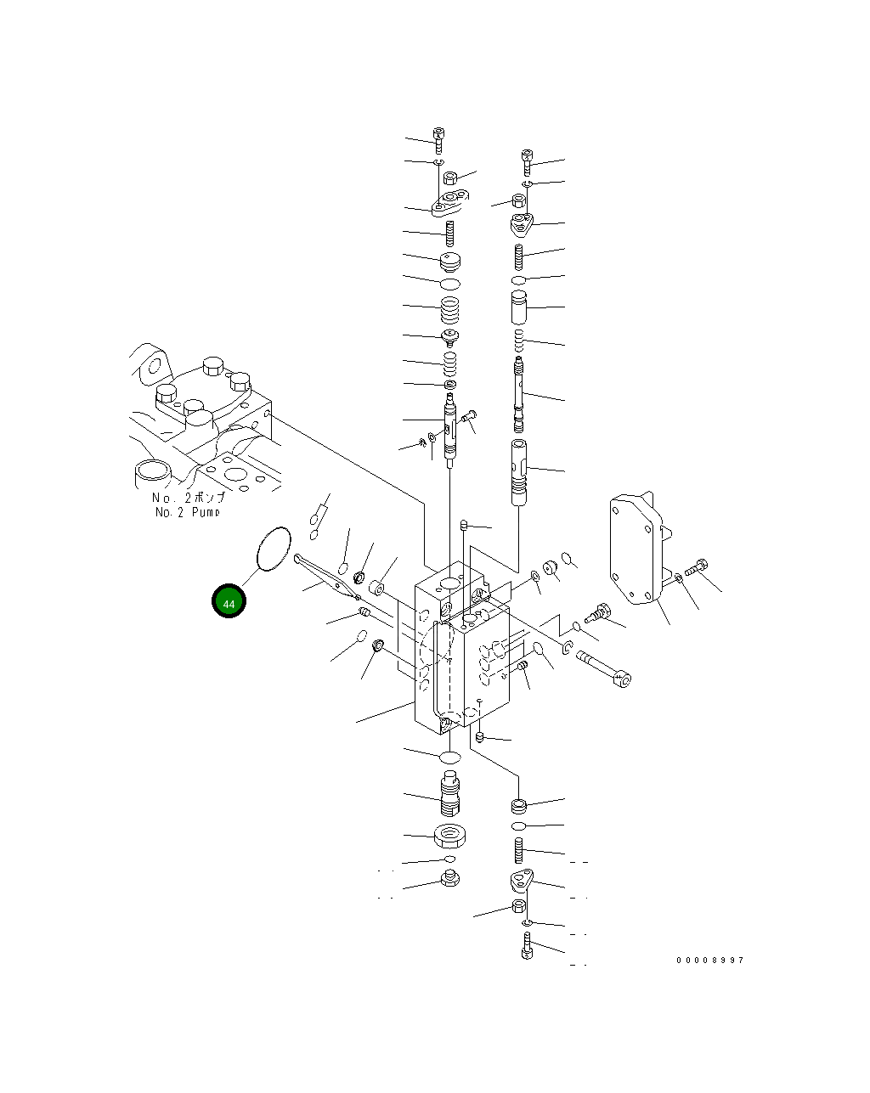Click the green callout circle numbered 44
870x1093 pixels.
coord(229,601)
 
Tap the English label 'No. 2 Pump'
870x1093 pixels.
coord(187,512)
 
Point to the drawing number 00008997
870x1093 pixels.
coord(709,960)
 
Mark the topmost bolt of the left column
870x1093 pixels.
coord(438,139)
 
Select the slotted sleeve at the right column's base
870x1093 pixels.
coord(519,471)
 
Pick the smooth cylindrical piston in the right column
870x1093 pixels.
coord(519,307)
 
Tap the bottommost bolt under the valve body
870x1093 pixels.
coord(527,945)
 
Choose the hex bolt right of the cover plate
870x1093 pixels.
coord(698,570)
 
